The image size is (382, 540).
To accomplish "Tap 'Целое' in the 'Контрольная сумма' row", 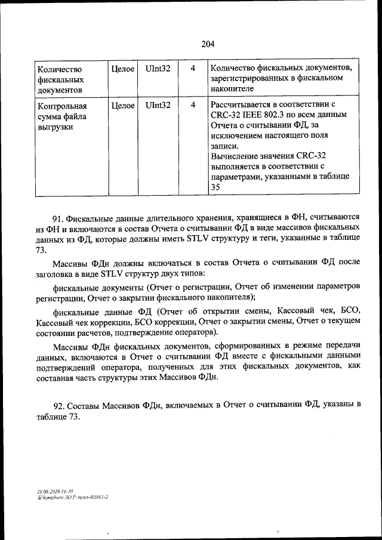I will pyautogui.click(x=122, y=105).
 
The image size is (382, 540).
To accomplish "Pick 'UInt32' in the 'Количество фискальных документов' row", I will pyautogui.click(x=158, y=69).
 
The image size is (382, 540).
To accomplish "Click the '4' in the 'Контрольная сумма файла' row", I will pyautogui.click(x=193, y=105).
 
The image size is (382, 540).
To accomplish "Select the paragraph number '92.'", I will pyautogui.click(x=58, y=406).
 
